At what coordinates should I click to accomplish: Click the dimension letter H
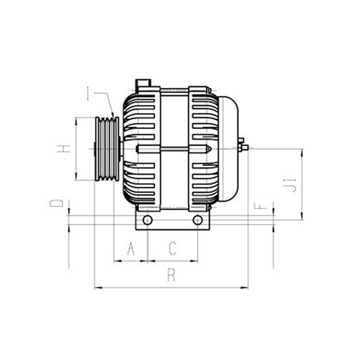(63, 149)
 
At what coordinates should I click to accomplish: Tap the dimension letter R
(171, 275)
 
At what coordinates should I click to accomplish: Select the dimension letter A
(131, 248)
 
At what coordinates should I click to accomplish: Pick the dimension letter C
(173, 248)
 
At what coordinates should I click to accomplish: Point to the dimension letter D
(56, 203)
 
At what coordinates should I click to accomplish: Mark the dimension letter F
(261, 206)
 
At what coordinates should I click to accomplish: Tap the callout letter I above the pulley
(87, 93)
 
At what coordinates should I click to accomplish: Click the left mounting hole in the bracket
(147, 220)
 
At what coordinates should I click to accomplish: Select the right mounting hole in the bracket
(198, 220)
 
